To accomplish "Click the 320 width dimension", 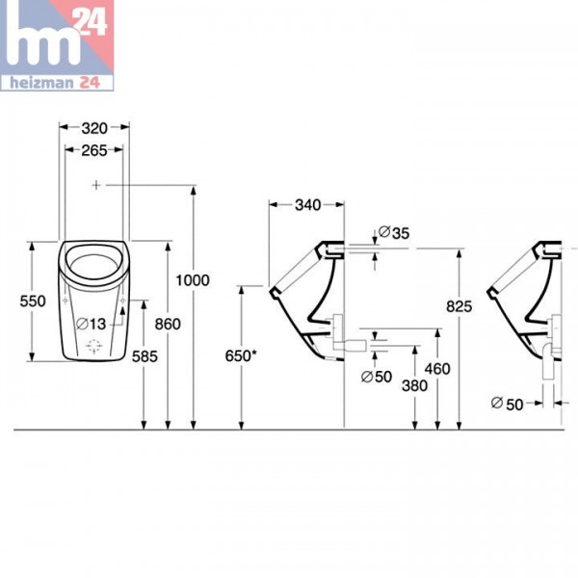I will (93, 127).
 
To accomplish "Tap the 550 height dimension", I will (33, 301).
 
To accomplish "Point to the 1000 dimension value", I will (193, 279).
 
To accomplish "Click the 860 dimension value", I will (168, 325).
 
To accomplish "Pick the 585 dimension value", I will (144, 356).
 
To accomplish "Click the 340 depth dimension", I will (307, 204).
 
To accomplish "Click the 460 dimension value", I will (437, 368).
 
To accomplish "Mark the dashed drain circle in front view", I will (94, 346).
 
